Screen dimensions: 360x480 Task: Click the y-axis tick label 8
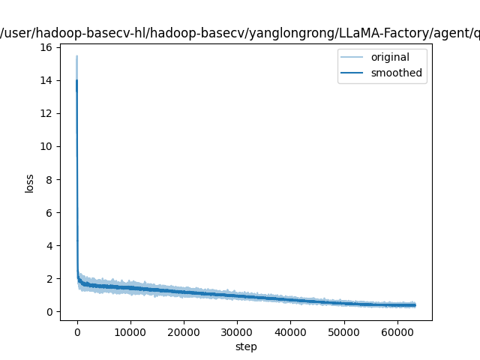coord(49,179)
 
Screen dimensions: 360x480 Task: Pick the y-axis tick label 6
coord(49,212)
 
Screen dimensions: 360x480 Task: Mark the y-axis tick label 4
coord(49,245)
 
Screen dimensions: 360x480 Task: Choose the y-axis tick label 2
coord(49,278)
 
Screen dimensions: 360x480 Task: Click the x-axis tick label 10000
coord(130,331)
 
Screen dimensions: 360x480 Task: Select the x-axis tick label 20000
coord(183,331)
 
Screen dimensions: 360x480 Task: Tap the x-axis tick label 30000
coord(236,331)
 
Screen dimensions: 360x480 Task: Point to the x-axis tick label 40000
coord(289,331)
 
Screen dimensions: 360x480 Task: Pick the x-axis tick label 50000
coord(343,331)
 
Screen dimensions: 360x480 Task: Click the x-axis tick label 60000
coord(396,331)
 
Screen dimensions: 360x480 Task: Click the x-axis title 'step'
coord(246,346)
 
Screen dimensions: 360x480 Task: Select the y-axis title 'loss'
coord(30,182)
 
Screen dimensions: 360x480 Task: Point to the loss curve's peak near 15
coord(76,56)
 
